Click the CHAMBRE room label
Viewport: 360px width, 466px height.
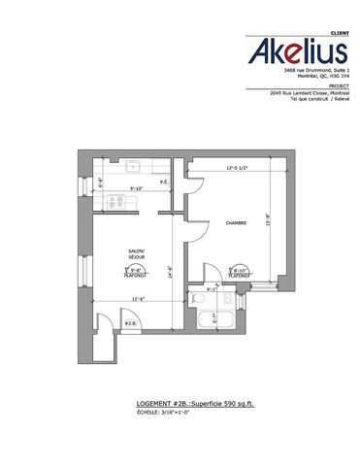[237, 222]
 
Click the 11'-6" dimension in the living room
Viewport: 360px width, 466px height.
[138, 299]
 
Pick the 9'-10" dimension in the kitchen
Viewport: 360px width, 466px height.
[137, 189]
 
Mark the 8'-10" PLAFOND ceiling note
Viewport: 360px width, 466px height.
[240, 272]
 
